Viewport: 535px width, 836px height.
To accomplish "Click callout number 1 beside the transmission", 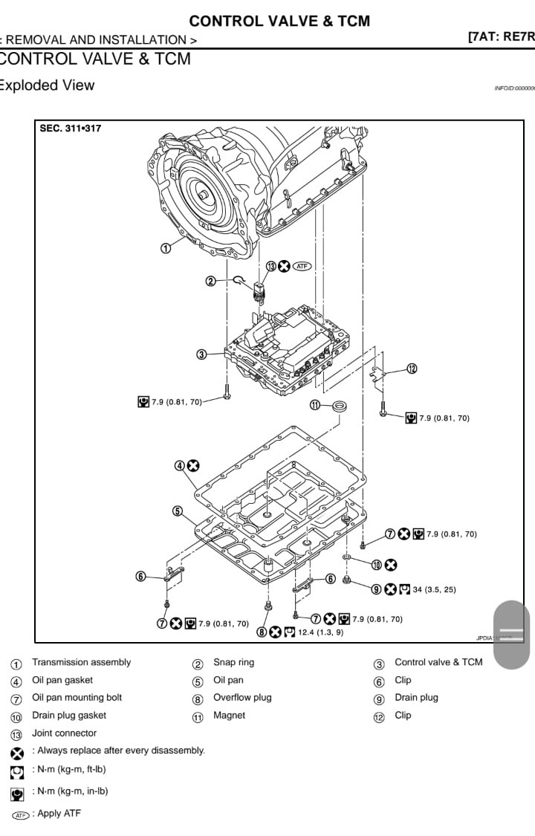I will pyautogui.click(x=166, y=247).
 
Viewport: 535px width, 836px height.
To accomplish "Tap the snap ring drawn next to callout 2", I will pyautogui.click(x=239, y=280).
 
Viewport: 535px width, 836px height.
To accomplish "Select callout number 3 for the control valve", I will pyautogui.click(x=201, y=354).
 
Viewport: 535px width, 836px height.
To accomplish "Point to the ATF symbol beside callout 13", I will pyautogui.click(x=301, y=266).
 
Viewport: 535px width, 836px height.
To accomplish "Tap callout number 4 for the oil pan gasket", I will pyautogui.click(x=180, y=466).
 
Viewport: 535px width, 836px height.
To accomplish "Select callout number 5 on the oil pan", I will pyautogui.click(x=178, y=511).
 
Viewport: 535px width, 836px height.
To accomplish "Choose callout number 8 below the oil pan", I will pyautogui.click(x=262, y=632).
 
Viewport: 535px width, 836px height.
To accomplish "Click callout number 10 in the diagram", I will pyautogui.click(x=377, y=565).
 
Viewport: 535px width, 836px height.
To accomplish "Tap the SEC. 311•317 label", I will pyautogui.click(x=71, y=129).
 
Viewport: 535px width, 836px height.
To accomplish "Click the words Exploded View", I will pyautogui.click(x=46, y=85).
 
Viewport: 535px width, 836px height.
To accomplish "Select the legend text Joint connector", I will pyautogui.click(x=64, y=733).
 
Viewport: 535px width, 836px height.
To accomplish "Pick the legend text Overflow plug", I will pyautogui.click(x=242, y=697).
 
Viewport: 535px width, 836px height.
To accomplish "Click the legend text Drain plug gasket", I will pyautogui.click(x=69, y=715).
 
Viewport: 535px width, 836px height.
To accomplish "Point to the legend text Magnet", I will pyautogui.click(x=229, y=715).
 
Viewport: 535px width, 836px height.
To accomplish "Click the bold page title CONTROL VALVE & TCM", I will pyautogui.click(x=279, y=21).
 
